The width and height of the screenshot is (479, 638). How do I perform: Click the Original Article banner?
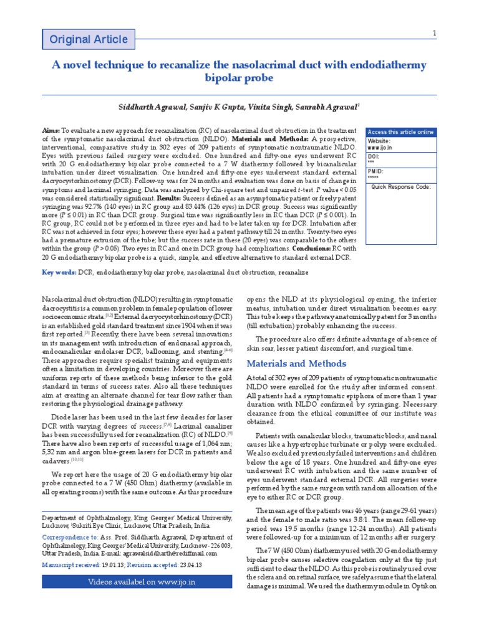pos(88,40)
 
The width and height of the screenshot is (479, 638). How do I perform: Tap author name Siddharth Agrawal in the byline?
pos(147,108)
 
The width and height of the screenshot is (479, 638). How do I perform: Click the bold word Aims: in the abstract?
pos(51,130)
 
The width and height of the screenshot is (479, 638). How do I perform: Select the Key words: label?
pos(59,272)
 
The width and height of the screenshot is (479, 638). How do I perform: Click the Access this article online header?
pos(401,132)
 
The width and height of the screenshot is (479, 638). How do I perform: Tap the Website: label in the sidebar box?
pos(380,141)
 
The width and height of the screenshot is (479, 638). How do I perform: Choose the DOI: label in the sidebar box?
pos(375,156)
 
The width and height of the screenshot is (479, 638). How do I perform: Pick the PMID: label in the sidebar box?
pos(376,171)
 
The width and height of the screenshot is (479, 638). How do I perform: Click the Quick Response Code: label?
pos(401,187)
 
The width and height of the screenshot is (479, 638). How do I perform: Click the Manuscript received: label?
pos(70,564)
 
